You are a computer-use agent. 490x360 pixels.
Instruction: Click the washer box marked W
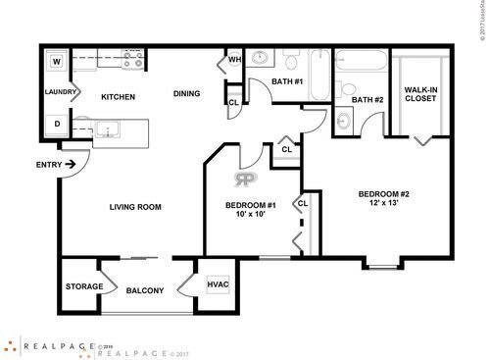[57, 62]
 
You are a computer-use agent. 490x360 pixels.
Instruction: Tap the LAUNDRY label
[61, 92]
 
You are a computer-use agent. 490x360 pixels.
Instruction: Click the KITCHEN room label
[117, 96]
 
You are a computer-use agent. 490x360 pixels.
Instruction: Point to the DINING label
[187, 94]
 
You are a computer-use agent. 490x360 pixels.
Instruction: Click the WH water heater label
[234, 60]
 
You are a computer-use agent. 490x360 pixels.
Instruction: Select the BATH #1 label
[287, 80]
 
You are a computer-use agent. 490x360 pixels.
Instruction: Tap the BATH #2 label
[366, 99]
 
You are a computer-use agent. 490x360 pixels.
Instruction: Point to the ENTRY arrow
[71, 165]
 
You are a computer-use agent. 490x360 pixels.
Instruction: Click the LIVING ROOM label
[134, 207]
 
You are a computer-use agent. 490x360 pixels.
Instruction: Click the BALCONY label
[145, 291]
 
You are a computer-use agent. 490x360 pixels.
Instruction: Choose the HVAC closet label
[218, 284]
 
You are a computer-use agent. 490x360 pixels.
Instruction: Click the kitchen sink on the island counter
[106, 129]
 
